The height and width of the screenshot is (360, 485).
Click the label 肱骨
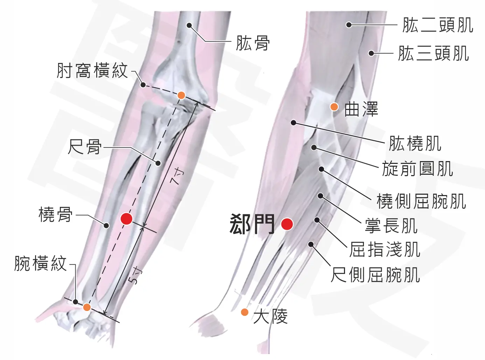253,43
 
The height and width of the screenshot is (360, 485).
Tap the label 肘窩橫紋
92,70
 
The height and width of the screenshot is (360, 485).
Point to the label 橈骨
56,215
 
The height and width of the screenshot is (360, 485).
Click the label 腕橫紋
41,263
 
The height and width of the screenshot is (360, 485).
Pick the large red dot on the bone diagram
127,219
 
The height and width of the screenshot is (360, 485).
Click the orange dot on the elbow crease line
181,95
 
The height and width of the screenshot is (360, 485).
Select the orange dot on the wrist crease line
87,307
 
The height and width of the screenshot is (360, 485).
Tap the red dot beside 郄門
287,224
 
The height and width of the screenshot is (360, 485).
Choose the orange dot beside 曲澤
334,107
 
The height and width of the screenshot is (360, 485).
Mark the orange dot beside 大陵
245,312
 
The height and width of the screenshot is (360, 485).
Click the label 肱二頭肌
438,25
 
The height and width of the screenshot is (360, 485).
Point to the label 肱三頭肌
434,53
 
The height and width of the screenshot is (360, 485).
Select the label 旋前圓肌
417,168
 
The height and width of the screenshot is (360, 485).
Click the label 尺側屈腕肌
375,275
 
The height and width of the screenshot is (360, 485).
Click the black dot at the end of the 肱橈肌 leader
294,123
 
